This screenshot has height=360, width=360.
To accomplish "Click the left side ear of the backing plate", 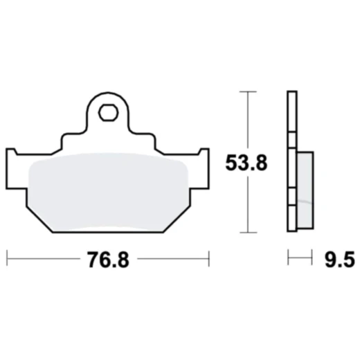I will [13, 166].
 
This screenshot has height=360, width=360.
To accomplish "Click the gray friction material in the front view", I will [107, 187].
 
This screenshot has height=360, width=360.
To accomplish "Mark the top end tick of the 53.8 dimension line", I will [247, 91].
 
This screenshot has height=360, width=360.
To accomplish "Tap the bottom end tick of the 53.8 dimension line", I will [247, 232].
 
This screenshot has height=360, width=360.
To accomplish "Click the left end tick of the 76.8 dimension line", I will [7, 260].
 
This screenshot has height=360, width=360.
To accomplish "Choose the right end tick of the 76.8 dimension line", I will [208, 260].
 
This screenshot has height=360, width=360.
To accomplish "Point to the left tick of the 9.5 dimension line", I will [288, 260].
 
